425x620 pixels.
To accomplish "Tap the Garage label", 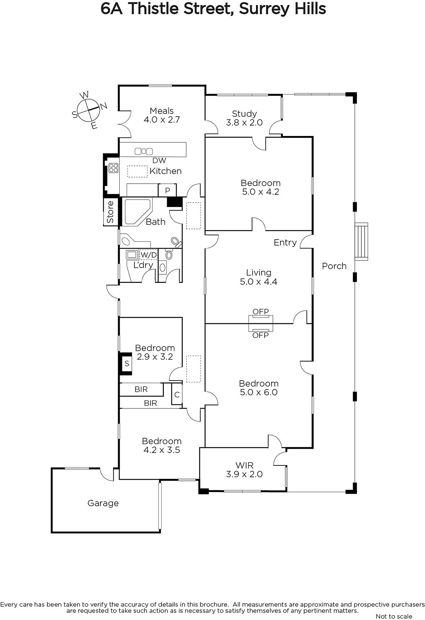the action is point(103,503).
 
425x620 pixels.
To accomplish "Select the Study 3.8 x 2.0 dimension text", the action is point(244,122).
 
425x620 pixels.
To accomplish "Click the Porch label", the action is point(334,266).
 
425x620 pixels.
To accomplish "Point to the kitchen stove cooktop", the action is point(114,168).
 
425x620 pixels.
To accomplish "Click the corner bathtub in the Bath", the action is point(137,212).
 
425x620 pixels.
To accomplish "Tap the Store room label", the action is point(110,212).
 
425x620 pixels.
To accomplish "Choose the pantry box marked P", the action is point(167,190).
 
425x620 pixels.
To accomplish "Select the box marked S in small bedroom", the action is point(127,363).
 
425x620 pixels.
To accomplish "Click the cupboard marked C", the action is point(177,394).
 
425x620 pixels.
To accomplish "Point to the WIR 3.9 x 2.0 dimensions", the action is point(244,474).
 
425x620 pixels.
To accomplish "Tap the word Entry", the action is point(285,243).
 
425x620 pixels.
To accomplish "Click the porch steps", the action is point(361,241).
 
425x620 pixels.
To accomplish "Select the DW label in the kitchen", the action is point(159,160).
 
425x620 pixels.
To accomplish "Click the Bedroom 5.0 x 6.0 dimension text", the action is point(259,392).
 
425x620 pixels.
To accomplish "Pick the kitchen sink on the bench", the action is point(144,152).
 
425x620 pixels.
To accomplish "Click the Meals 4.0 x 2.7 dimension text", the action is point(162,119).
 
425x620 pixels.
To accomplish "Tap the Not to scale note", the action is point(394,616).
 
